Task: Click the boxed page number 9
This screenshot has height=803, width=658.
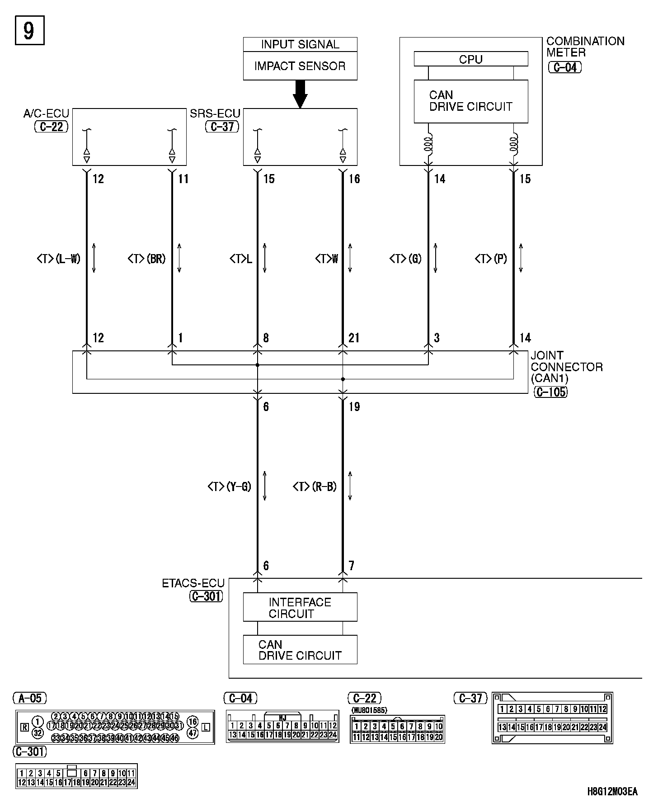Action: [x=29, y=31]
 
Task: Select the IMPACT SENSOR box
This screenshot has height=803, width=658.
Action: [x=300, y=66]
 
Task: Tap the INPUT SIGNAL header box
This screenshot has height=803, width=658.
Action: [x=300, y=44]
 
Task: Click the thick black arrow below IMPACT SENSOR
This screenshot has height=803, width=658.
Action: [x=300, y=94]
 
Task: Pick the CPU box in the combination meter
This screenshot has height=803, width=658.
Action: [x=470, y=59]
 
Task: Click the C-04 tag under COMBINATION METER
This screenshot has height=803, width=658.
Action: [x=564, y=67]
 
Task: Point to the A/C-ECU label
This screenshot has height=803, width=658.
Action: [x=46, y=113]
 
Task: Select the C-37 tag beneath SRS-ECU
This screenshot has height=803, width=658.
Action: [x=222, y=127]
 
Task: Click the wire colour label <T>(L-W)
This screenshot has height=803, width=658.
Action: [x=59, y=259]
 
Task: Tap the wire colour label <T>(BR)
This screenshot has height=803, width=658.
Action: [x=146, y=259]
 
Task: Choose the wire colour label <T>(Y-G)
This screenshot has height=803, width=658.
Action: [x=229, y=487]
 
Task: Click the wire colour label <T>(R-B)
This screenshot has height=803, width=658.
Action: [x=315, y=487]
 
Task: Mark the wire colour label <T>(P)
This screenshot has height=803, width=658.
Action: [x=491, y=259]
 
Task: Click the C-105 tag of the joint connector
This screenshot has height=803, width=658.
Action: [x=550, y=392]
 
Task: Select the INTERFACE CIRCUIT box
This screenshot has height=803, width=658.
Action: [x=300, y=608]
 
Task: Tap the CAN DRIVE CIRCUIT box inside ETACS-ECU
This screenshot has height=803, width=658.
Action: [x=300, y=650]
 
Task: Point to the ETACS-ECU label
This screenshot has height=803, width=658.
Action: [x=193, y=584]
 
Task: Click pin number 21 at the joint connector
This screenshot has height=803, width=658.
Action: [x=354, y=338]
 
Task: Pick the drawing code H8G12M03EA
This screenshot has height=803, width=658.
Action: [x=612, y=791]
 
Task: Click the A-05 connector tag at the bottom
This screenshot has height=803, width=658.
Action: [x=30, y=699]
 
